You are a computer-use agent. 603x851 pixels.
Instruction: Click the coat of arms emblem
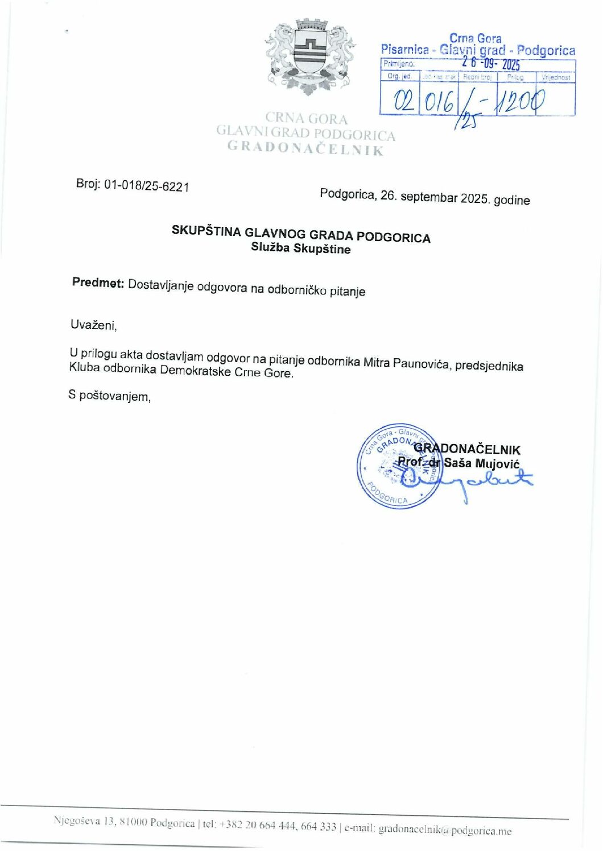click(311, 56)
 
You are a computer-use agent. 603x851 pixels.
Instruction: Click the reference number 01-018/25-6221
click(146, 185)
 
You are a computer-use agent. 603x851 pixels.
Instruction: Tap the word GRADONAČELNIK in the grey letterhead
click(305, 148)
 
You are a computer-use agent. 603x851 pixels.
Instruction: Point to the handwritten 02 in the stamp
click(400, 101)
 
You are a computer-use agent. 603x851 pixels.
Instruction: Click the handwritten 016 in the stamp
click(439, 102)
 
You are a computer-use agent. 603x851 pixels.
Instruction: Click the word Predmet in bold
click(98, 283)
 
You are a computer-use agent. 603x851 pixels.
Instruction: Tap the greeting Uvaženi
click(93, 325)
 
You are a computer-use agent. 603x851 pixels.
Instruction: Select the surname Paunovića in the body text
click(422, 363)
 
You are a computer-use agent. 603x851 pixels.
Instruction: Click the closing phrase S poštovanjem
click(109, 396)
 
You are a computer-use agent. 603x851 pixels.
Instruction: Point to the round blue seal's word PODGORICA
click(387, 494)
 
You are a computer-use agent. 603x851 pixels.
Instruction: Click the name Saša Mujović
click(482, 463)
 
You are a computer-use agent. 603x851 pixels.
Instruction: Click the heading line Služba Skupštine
click(301, 248)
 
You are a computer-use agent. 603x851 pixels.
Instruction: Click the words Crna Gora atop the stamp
click(476, 39)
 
